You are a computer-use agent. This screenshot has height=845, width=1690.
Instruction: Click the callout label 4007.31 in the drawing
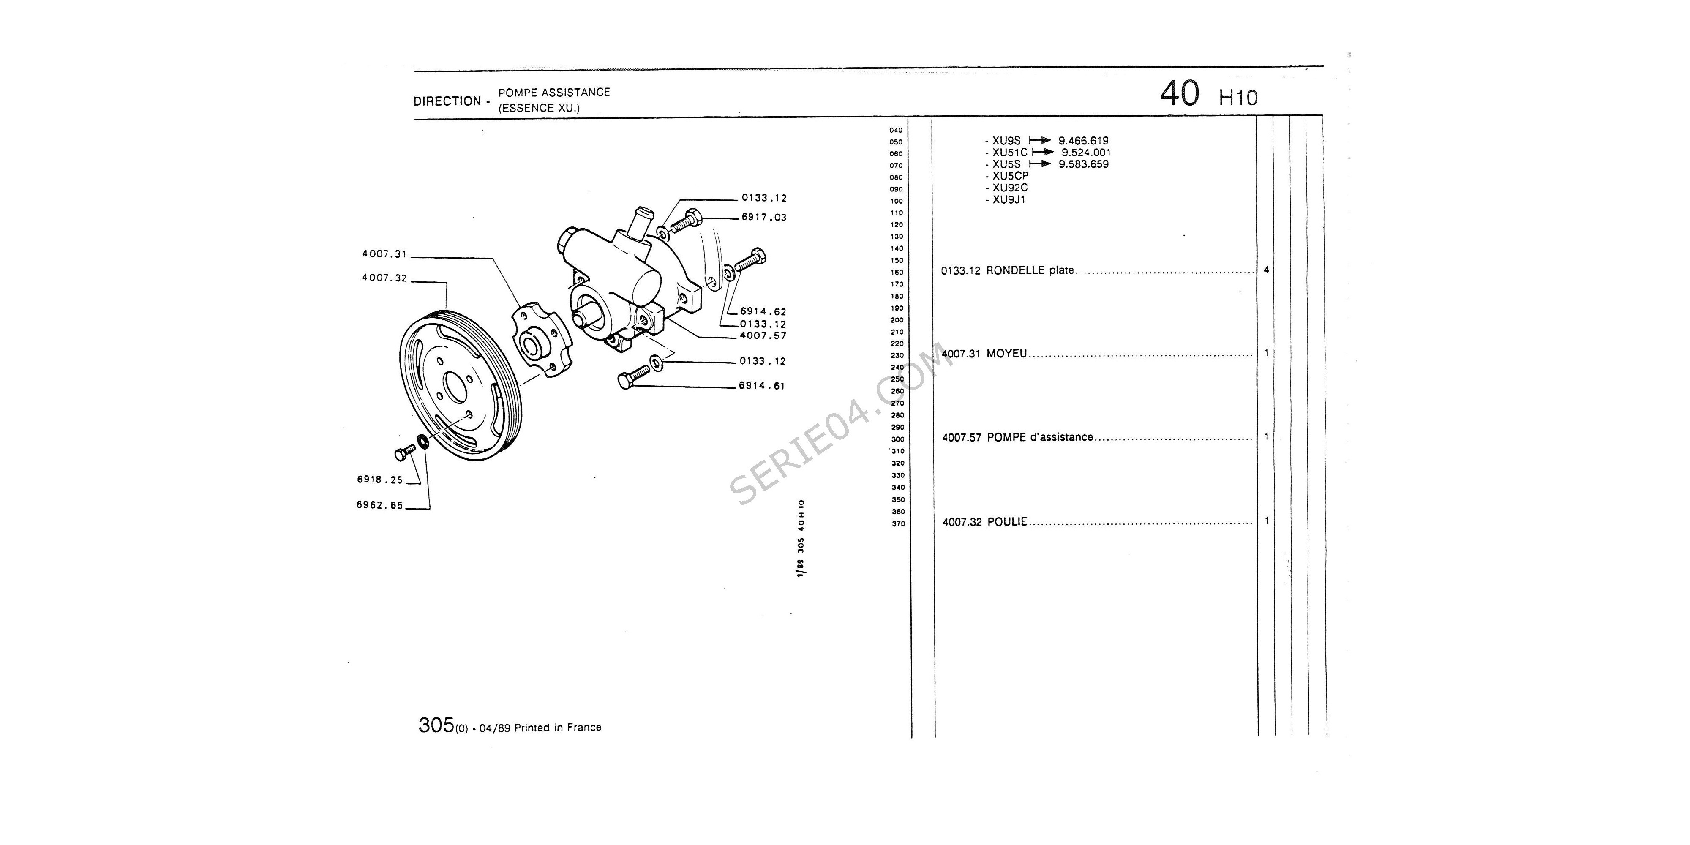coord(384,254)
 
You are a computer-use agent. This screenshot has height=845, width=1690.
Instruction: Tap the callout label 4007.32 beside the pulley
coord(384,278)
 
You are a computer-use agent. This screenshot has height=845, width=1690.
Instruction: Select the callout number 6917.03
coord(764,217)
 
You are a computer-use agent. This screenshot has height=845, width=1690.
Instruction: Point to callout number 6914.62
coord(763,312)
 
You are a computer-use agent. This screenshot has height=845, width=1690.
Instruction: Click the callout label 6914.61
coord(762,386)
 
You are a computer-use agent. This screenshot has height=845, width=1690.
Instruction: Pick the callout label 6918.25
coord(380,480)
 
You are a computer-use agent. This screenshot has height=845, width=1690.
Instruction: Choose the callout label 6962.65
coord(380,505)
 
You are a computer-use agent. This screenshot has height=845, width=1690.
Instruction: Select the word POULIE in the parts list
coord(1007,522)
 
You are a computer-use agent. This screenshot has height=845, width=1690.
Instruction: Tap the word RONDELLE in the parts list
coord(1014,270)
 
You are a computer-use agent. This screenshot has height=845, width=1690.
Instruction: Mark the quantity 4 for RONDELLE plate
coord(1266,270)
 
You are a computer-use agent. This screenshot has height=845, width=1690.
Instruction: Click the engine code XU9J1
coord(1009,199)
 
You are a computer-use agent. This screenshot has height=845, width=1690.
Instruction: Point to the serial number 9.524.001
coord(1086,152)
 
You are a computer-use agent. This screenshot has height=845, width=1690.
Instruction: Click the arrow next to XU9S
coord(1040,140)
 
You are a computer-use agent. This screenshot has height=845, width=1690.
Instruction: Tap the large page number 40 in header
coord(1180,94)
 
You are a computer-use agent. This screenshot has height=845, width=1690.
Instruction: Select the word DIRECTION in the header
coord(447,101)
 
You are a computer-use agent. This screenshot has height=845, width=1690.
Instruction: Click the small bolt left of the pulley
coord(405,452)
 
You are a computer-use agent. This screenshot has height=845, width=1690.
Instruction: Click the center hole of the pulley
coord(455,387)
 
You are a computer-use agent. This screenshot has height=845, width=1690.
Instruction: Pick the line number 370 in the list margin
coord(898,523)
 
